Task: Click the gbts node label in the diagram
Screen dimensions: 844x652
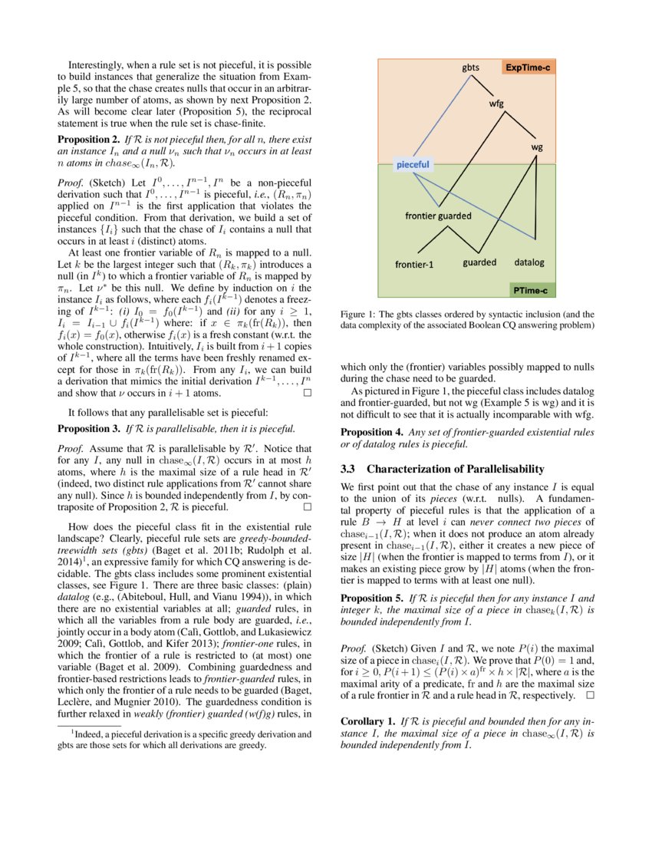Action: click(x=470, y=68)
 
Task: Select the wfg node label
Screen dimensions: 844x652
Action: click(x=496, y=106)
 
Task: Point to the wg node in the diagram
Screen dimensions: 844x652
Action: click(x=537, y=146)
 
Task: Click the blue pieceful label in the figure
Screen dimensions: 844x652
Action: click(x=413, y=164)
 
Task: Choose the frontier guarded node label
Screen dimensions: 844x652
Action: click(x=438, y=216)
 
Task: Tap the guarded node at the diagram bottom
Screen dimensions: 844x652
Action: click(x=479, y=262)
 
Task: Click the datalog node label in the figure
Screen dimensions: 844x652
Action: click(x=529, y=262)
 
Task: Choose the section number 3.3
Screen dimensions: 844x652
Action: click(x=349, y=469)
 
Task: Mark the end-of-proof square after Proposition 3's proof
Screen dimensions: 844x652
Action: click(x=308, y=508)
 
